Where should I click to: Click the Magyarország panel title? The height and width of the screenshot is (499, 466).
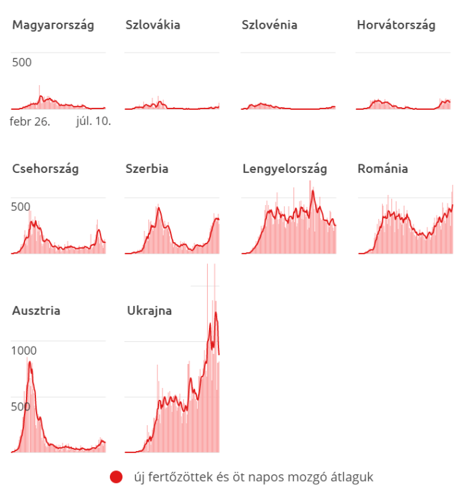tap(53, 25)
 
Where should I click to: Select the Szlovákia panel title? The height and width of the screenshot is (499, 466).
tap(152, 25)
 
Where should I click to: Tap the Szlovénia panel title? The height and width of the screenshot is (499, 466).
tap(269, 25)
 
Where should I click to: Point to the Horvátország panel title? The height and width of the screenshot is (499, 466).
tap(396, 25)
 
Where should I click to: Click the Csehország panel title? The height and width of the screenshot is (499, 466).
tap(45, 168)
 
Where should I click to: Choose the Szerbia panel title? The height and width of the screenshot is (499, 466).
tap(146, 168)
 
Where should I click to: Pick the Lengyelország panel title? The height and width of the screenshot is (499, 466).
tap(285, 168)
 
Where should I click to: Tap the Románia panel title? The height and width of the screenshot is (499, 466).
tap(383, 168)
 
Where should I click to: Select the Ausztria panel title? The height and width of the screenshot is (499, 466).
tap(37, 310)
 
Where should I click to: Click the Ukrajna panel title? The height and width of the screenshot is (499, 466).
tap(149, 310)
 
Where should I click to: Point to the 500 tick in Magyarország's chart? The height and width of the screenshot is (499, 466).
tap(21, 63)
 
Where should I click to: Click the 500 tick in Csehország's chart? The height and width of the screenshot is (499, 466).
tap(21, 206)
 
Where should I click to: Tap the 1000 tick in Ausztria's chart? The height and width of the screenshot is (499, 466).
tap(24, 351)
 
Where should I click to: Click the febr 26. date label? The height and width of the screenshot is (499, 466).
tap(30, 121)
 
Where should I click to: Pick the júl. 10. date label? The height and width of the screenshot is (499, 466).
tap(93, 121)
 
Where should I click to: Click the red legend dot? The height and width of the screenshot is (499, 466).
tap(116, 477)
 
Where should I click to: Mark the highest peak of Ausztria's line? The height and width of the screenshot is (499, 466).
tap(30, 362)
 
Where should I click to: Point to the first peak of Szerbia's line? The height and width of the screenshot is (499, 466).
tap(158, 208)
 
